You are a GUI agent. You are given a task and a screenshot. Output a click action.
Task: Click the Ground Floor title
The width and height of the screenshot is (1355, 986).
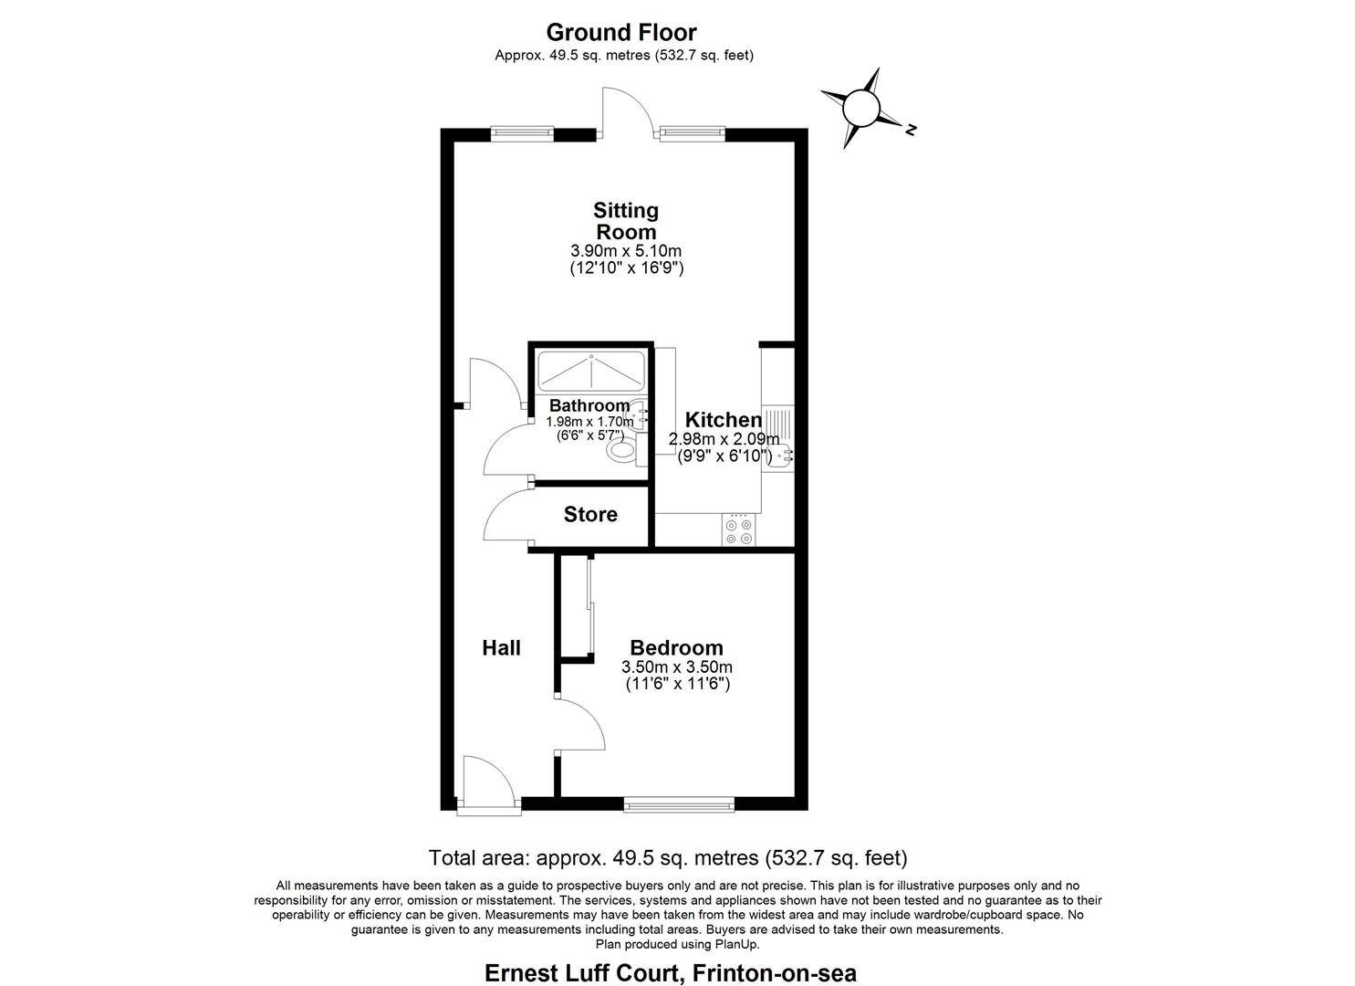[620, 32]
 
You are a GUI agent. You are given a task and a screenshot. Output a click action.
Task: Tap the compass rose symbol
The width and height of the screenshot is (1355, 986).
[860, 108]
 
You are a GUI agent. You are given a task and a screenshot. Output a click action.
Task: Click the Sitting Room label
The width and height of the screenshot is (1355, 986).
[626, 221]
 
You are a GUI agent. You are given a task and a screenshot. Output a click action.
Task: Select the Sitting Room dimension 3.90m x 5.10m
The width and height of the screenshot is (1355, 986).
[626, 251]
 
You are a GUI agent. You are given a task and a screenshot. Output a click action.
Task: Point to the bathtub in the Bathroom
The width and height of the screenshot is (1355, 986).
[591, 371]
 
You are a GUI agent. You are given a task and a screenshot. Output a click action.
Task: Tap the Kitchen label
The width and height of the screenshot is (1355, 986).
[724, 420]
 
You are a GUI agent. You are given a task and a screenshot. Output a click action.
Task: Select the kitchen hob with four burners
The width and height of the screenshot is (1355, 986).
[738, 530]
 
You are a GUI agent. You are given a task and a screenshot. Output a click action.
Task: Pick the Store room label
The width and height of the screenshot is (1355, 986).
[590, 515]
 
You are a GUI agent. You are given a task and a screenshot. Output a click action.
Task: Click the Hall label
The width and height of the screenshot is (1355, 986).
[501, 648]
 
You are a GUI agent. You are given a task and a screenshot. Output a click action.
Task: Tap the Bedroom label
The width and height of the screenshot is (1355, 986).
[676, 648]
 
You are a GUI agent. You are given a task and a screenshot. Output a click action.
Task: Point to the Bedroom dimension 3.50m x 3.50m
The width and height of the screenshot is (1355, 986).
[676, 667]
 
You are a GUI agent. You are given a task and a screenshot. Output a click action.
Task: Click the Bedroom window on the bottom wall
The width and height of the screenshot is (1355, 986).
[678, 805]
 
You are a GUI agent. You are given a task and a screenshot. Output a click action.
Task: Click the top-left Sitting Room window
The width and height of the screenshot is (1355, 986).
[522, 132]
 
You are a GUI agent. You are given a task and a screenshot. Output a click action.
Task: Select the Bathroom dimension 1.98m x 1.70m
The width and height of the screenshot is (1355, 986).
[589, 422]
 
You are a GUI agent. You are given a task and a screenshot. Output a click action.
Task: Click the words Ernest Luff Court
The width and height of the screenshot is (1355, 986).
[581, 972]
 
